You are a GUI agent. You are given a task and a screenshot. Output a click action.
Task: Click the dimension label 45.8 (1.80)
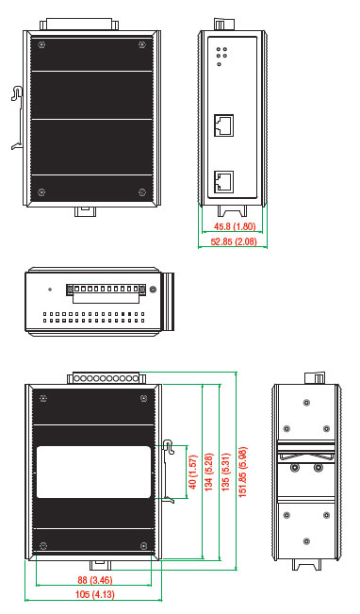235,226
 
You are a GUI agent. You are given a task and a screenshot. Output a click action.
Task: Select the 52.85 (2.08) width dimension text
234,241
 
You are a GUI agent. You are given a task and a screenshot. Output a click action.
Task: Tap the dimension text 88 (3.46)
94,579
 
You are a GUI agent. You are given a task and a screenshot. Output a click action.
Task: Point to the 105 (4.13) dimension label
94,594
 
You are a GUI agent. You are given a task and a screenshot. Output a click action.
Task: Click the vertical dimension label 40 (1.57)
192,472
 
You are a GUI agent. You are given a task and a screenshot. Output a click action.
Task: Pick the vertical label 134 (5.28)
208,472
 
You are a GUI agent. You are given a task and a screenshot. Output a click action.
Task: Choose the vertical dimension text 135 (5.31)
226,472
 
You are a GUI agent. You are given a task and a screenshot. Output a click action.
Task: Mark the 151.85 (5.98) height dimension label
242,472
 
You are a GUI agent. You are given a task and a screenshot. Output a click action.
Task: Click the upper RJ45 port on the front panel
224,125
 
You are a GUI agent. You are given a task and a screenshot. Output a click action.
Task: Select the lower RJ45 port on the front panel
224,182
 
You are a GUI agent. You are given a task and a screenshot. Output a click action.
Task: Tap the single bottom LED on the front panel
220,64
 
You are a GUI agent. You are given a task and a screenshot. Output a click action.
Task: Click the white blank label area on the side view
94,472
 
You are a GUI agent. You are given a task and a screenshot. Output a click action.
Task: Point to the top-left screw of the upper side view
41,45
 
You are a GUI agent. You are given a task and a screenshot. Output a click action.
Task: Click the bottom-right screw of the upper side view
142,191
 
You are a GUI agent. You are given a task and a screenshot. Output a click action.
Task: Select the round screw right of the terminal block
154,290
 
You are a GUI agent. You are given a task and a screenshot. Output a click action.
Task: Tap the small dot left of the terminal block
50,290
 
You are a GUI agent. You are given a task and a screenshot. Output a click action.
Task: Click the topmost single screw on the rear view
306,402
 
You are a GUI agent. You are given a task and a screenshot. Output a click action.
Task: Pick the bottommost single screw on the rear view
306,541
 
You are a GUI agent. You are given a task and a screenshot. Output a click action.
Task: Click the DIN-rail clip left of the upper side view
18,118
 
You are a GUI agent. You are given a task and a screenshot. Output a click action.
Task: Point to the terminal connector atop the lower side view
106,377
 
